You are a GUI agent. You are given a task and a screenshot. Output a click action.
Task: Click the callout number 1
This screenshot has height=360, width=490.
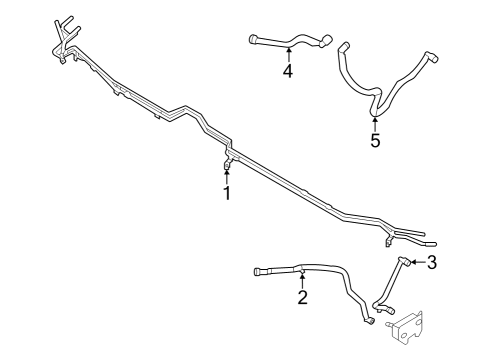[x=227, y=193]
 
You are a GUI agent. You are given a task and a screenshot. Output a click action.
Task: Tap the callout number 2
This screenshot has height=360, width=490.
[x=302, y=297]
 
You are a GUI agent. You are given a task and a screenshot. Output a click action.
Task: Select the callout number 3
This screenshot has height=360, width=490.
[x=432, y=263]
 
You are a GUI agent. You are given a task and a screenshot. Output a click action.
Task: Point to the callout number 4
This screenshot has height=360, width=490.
[x=287, y=72]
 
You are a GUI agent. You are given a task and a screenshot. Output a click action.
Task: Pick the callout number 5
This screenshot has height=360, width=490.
[x=375, y=141]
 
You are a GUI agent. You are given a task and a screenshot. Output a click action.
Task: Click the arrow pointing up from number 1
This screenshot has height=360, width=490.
[x=227, y=175]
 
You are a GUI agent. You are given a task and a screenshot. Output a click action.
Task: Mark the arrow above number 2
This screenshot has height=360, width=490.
[x=302, y=279]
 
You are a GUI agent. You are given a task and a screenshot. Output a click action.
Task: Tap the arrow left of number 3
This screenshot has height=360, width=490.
[x=416, y=262]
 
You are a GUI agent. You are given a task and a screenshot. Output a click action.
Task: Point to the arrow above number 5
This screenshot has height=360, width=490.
[x=375, y=123]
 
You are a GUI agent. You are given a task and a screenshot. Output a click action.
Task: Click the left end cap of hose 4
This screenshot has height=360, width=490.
[x=252, y=40]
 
